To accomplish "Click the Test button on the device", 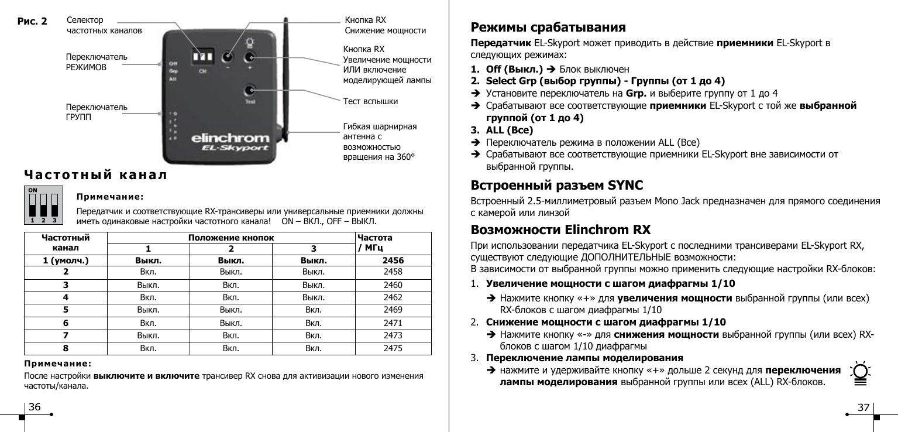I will coord(250,91).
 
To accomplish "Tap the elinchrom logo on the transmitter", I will coord(230,139).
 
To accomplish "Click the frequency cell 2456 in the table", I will coord(393,260).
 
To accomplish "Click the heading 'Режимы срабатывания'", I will coord(548,28).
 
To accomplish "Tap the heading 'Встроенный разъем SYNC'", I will coord(557,186).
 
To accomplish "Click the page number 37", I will coord(863,407).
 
